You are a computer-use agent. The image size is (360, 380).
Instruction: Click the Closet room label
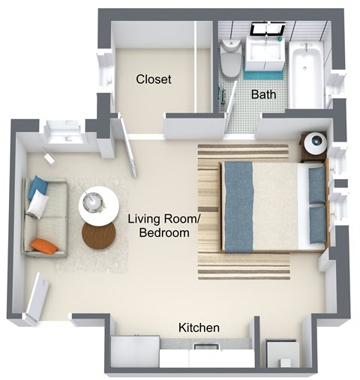153,79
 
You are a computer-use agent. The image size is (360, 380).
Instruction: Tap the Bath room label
263,94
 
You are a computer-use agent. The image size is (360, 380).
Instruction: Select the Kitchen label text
199,328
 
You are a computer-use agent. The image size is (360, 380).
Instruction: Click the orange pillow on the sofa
46,245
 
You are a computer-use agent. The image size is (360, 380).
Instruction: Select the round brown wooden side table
99,236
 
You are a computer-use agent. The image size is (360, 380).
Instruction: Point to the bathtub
307,75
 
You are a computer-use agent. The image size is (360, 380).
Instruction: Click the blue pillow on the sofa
37,187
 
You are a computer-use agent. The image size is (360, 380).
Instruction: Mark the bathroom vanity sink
265,52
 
